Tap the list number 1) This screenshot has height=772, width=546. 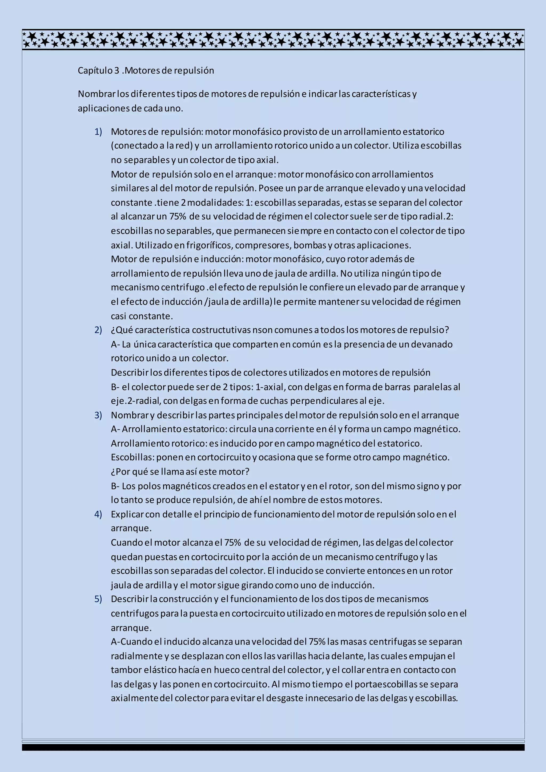coord(98,131)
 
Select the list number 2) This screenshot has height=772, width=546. coord(98,330)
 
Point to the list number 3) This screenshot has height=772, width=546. coord(98,415)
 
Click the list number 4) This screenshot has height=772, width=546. coord(98,514)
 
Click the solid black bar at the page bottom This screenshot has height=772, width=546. coord(273,747)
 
